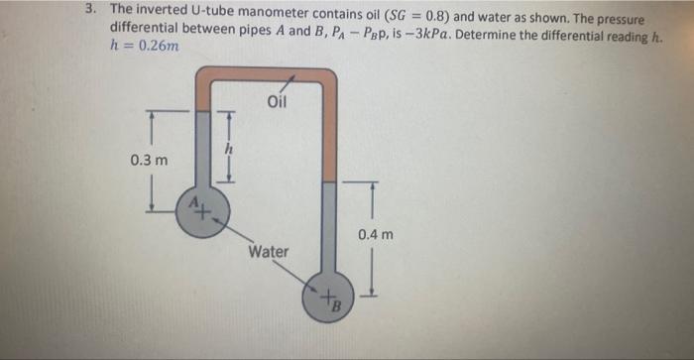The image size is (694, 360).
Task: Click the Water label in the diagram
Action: tap(269, 252)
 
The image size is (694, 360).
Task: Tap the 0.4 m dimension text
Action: tap(377, 235)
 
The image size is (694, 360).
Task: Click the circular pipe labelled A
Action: tap(202, 210)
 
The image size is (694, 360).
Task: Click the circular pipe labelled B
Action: tap(329, 299)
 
